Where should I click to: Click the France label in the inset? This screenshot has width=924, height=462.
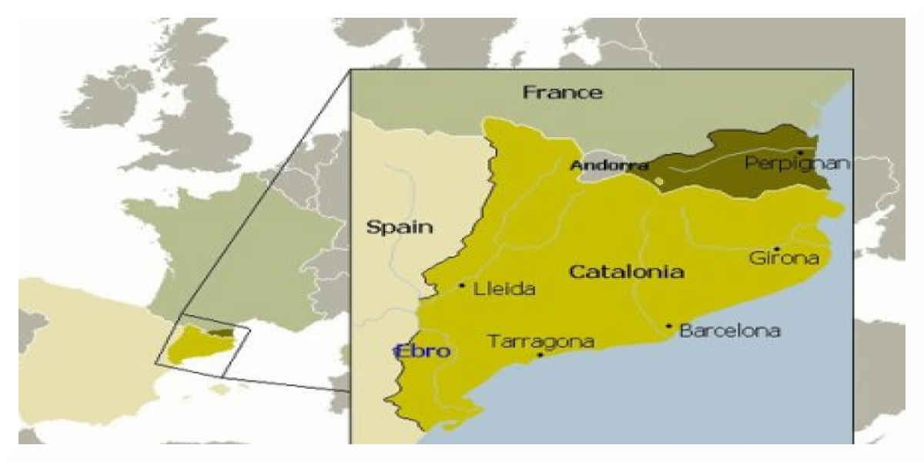[563, 92]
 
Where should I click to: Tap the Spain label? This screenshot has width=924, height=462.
[399, 227]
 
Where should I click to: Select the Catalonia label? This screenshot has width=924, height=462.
[626, 271]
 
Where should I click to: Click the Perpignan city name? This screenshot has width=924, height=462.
[797, 163]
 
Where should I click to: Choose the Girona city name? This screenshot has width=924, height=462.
[783, 258]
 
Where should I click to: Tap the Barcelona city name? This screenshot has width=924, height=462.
[730, 330]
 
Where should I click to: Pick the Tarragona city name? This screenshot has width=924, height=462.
[541, 341]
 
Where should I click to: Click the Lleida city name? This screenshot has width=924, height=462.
[504, 289]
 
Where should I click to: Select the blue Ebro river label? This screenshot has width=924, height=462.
[422, 351]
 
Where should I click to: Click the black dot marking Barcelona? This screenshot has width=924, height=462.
[669, 326]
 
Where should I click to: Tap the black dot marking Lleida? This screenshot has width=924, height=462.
[462, 285]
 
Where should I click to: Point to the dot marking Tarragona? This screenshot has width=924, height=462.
[540, 355]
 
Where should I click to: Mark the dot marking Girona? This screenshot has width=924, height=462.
[777, 248]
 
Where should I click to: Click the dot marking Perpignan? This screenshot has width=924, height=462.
[801, 152]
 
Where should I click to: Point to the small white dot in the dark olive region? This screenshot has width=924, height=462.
[658, 182]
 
